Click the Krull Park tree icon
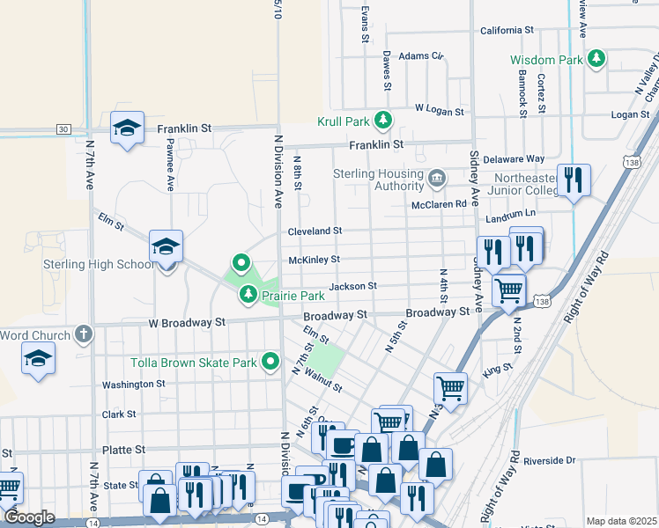[382, 120]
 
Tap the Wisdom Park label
[546, 60]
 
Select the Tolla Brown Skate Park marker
[271, 362]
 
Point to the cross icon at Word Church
[83, 334]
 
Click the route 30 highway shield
[63, 128]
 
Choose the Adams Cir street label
[420, 55]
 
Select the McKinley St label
[315, 260]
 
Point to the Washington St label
[133, 385]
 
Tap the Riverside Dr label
[548, 460]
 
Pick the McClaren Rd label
[438, 204]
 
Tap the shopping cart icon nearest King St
[450, 386]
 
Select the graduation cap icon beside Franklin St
[127, 127]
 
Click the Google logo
[29, 518]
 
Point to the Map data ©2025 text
[620, 521]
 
